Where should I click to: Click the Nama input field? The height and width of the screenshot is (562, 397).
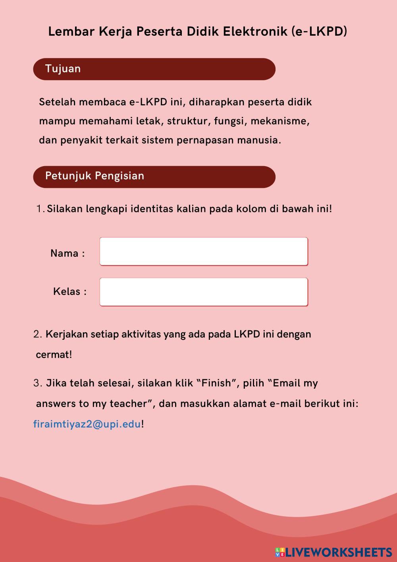click(203, 251)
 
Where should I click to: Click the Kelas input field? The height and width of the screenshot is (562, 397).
click(203, 292)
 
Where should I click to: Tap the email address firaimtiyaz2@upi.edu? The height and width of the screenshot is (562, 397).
click(87, 424)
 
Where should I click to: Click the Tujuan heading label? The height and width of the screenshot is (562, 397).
click(63, 69)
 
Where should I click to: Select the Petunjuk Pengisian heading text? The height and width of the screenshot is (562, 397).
click(94, 176)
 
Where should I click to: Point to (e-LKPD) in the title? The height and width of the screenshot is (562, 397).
click(319, 31)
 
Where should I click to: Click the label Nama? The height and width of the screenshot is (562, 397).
click(64, 253)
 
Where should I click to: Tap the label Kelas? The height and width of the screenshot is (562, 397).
click(67, 291)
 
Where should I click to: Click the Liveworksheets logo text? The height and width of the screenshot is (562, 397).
click(339, 552)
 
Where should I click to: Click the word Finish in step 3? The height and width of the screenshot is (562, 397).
click(216, 383)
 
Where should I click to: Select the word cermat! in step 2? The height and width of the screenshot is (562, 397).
click(54, 355)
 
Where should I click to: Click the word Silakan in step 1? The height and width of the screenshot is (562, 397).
click(65, 209)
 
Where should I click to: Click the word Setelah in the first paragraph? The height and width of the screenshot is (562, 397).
click(57, 102)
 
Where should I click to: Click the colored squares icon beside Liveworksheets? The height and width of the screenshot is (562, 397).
click(280, 552)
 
